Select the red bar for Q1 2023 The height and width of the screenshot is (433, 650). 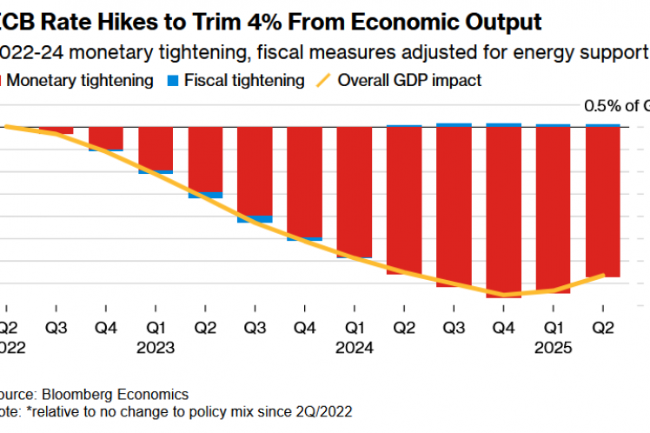coord(156,148)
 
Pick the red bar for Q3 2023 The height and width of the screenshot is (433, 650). coord(255,170)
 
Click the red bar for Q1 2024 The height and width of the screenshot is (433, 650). coord(354,192)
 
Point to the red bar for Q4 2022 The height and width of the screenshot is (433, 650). coord(106,137)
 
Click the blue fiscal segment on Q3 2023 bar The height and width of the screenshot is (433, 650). coord(255,219)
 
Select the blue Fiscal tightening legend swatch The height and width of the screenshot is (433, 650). coord(173,81)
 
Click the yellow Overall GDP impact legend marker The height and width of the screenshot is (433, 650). coord(322,81)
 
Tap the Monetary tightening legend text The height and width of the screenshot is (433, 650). coord(83,81)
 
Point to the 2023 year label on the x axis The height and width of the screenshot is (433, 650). coord(156,348)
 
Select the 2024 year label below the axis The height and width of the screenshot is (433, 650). coord(354,348)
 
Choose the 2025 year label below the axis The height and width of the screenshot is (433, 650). coord(553,348)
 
